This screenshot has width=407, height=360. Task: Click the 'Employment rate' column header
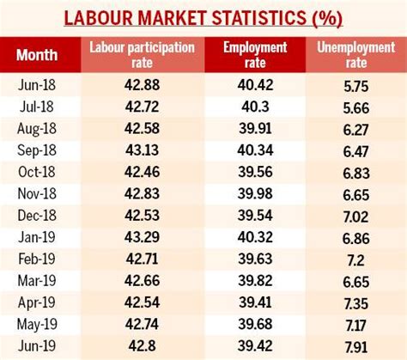point(258,56)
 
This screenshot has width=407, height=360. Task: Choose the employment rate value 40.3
point(258,108)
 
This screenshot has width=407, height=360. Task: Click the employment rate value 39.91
point(258,129)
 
